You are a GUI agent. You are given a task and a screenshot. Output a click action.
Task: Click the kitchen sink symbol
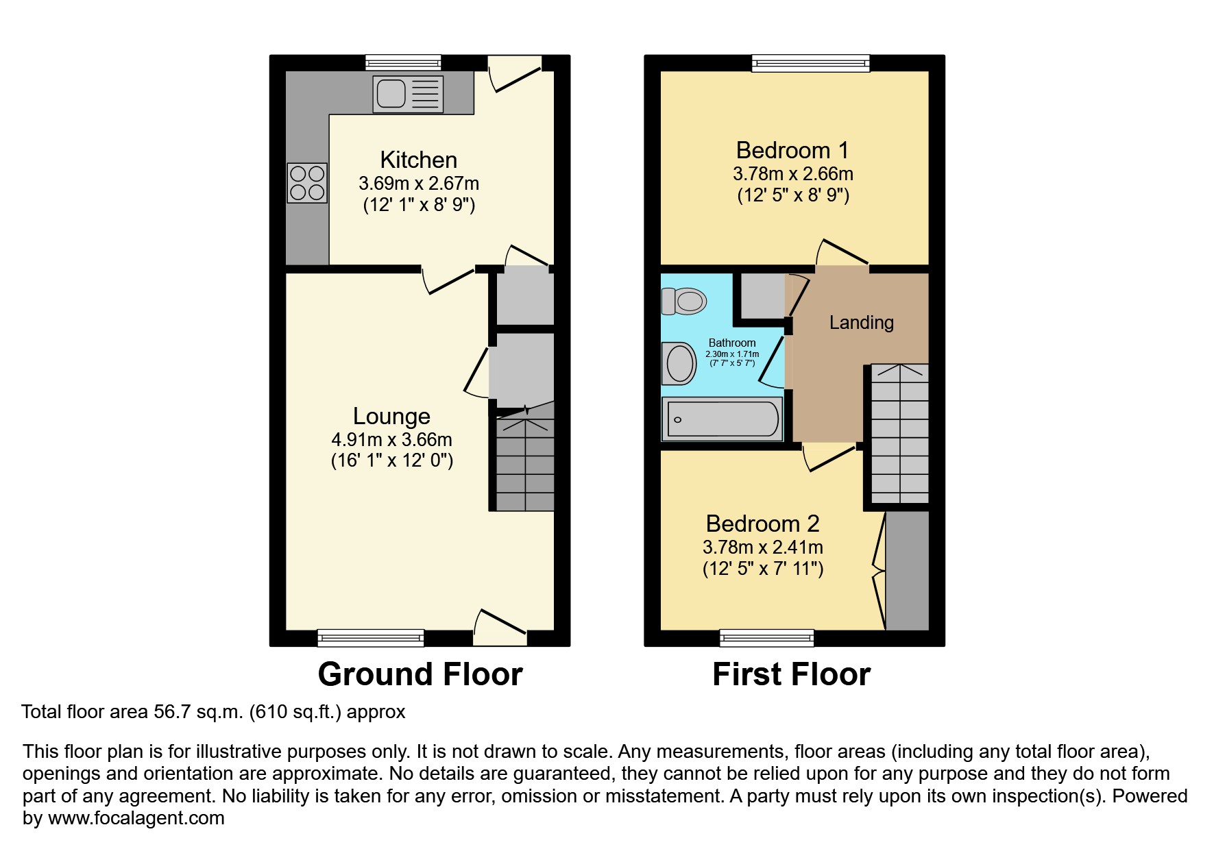[x=408, y=94]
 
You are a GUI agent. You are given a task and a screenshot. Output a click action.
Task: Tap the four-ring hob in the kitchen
[x=307, y=183]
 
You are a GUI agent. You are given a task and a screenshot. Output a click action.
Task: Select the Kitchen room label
[x=418, y=160]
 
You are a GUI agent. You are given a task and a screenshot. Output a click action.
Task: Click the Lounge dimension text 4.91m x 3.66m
[x=391, y=440]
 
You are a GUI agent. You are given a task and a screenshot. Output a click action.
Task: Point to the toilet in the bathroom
[x=685, y=301]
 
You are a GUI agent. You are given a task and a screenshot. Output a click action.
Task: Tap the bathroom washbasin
[x=679, y=363]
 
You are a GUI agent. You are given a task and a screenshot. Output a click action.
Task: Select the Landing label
[x=861, y=322]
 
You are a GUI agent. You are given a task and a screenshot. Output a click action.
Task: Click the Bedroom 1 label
[x=792, y=150]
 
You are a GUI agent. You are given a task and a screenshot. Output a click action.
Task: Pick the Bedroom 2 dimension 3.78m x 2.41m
[x=762, y=547]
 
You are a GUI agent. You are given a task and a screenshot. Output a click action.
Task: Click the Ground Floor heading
[x=420, y=674]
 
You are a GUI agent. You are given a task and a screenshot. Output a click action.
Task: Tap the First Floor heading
[x=791, y=674]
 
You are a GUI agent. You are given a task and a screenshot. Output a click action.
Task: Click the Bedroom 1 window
[x=810, y=64]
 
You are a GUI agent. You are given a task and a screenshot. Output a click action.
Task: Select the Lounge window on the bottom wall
[x=370, y=638]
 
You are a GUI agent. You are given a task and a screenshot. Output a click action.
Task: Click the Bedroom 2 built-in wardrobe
[x=907, y=570]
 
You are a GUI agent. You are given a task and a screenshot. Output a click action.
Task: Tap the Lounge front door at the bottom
[x=500, y=629]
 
